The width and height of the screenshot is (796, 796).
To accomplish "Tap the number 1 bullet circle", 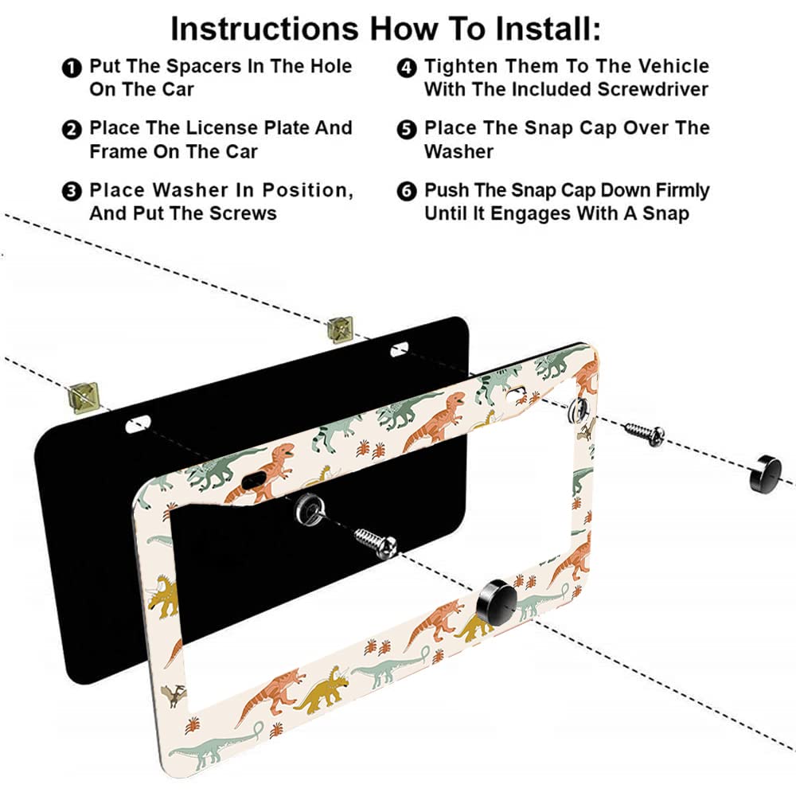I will [72, 68].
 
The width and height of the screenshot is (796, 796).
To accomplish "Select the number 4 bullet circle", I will [407, 68].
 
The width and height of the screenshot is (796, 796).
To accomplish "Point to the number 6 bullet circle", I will [407, 192].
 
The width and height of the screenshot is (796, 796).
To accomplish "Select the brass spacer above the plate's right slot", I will [340, 326].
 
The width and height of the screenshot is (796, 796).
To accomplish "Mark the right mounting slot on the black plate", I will [399, 348].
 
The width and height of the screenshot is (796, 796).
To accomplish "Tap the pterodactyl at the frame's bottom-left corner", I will [172, 694].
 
